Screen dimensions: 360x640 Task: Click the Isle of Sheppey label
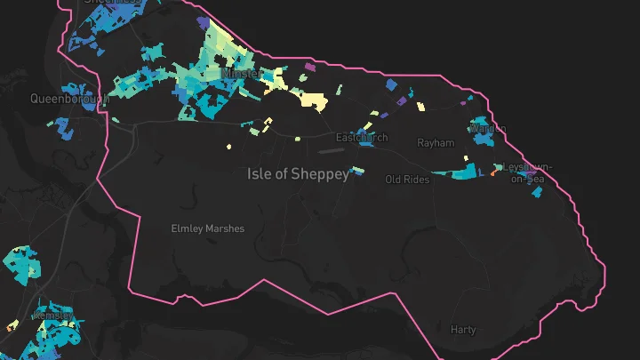coord(298,174)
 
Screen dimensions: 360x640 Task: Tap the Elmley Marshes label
coord(207,228)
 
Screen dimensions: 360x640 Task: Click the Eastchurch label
coord(362,138)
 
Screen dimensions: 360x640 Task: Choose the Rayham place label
coord(436,143)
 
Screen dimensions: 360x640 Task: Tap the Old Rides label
coord(407,180)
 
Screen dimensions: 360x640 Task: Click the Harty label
coord(463,330)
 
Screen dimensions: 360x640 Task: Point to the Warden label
coord(488,129)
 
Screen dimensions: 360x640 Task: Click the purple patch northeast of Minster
coord(309,67)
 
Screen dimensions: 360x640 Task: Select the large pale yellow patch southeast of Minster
coord(314,100)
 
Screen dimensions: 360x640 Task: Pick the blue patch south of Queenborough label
coord(62,127)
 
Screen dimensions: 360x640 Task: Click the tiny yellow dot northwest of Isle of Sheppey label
coord(228,147)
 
